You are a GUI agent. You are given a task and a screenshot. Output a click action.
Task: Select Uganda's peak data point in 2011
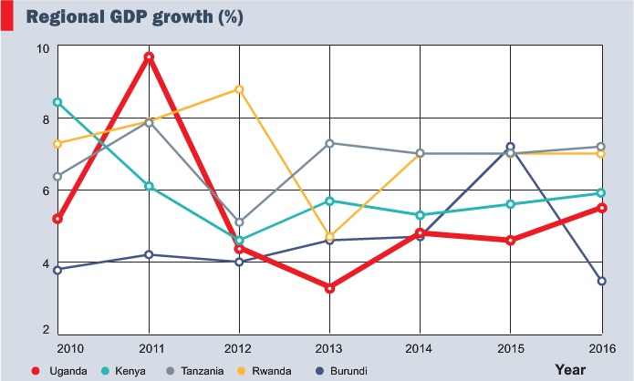pos(149,57)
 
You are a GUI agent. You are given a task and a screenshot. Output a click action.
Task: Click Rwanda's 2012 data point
pos(239,89)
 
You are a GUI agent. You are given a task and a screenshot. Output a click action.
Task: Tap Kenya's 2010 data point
pos(57,102)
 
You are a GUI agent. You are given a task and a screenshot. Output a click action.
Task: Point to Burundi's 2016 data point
pos(602,281)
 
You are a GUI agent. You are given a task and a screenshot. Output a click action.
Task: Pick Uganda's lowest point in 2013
pos(329,288)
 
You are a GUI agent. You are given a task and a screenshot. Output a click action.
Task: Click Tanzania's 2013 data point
pos(329,143)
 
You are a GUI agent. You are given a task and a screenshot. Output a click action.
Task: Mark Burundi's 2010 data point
pos(57,270)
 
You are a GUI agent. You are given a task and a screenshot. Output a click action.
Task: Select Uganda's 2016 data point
pos(602,208)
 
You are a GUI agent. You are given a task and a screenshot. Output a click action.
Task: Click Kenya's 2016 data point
pos(602,193)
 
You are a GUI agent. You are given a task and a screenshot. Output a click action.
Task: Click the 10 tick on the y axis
pos(43,47)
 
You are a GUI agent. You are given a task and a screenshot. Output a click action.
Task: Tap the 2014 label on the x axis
pos(421,348)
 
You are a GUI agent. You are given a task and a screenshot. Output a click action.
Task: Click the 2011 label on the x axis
pos(149,348)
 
